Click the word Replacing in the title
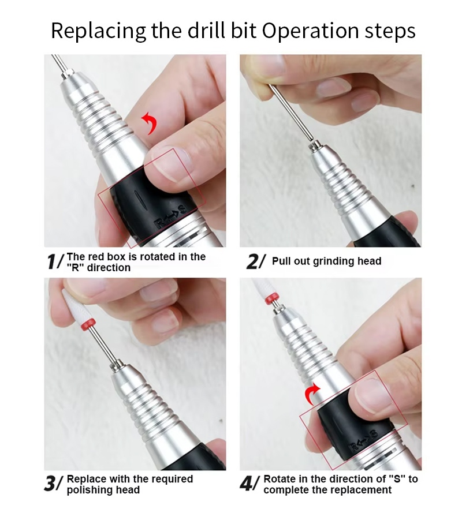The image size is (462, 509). point(98,31)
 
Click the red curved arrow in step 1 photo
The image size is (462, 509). point(150,123)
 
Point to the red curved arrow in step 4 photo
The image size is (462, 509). point(312,394)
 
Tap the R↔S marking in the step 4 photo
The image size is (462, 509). point(364,440)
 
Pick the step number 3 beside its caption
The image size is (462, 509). point(50,484)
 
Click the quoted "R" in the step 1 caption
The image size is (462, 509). point(76,268)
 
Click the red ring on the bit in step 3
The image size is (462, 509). point(88,324)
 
